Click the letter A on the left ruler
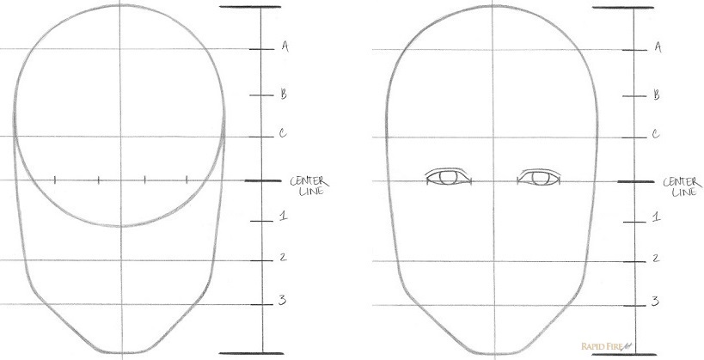(x=284, y=47)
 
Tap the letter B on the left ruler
(x=283, y=95)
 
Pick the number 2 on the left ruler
(x=283, y=257)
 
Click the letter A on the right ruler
(x=657, y=47)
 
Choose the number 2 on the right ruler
(x=656, y=258)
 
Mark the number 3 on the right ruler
(x=656, y=300)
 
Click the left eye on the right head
(x=449, y=177)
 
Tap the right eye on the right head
(x=539, y=177)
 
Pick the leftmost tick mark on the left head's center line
(x=56, y=180)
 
